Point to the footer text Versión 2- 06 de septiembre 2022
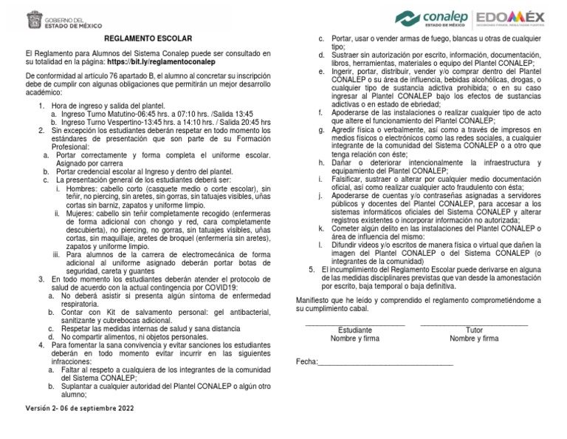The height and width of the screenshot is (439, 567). (x=80, y=407)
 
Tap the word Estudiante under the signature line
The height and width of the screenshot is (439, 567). (x=354, y=330)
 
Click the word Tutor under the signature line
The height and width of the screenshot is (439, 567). (x=474, y=330)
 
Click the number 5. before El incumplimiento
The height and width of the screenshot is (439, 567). (x=312, y=268)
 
